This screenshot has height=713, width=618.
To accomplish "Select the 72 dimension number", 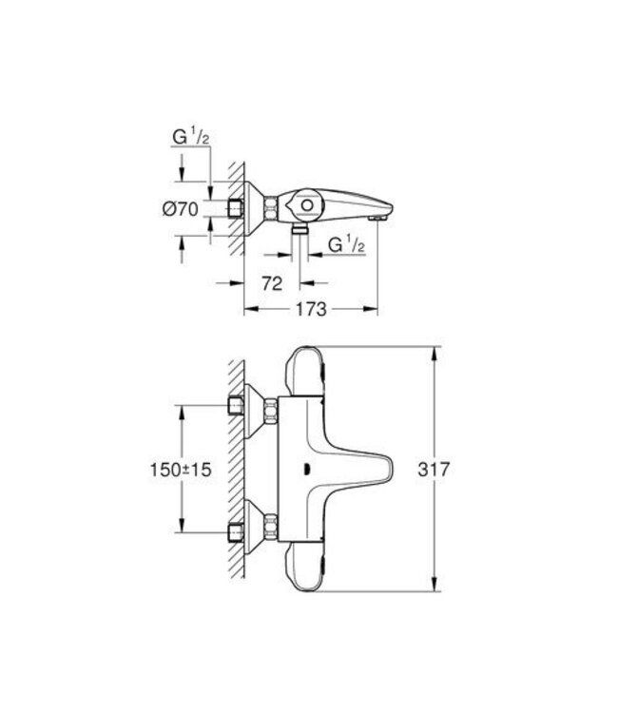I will pyautogui.click(x=274, y=282).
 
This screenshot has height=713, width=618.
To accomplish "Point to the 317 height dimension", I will pyautogui.click(x=457, y=470).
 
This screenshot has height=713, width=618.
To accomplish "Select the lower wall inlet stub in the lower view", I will pyautogui.click(x=236, y=530).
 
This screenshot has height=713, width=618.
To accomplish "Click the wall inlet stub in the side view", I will pyautogui.click(x=236, y=207).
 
